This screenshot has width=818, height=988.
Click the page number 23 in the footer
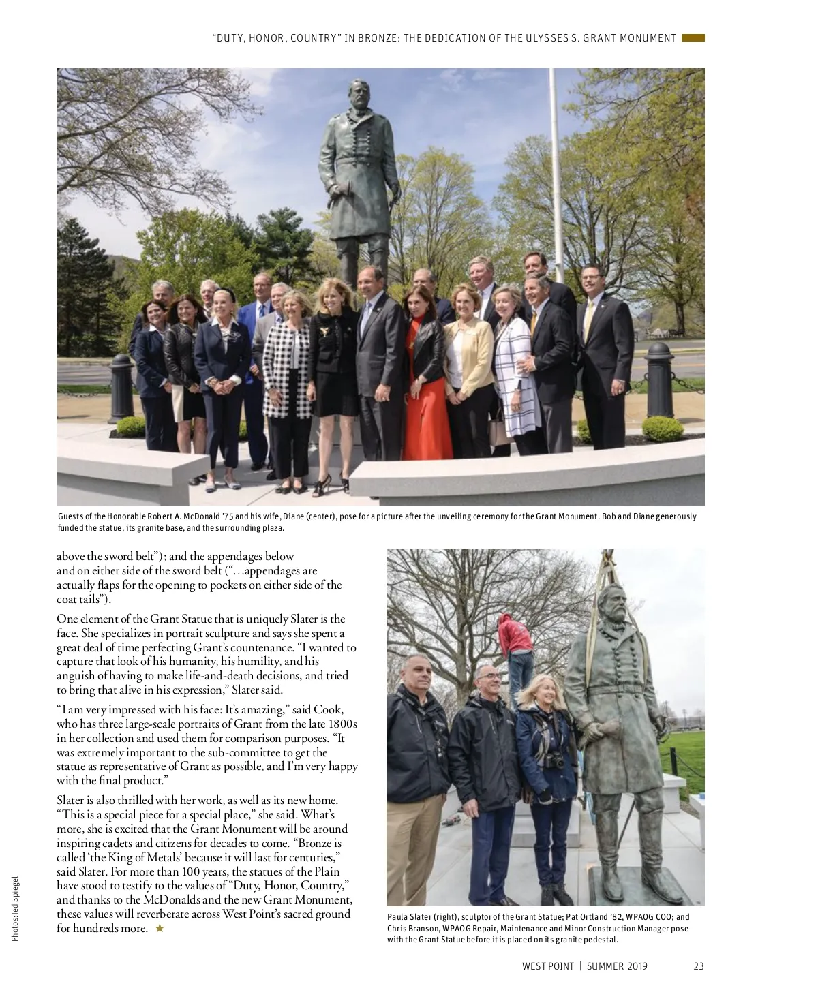(x=698, y=966)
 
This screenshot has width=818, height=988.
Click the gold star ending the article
(x=160, y=928)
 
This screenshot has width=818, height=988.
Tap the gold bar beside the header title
(x=693, y=38)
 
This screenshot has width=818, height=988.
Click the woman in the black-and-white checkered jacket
(x=287, y=368)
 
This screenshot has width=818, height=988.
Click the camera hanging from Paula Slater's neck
(x=557, y=761)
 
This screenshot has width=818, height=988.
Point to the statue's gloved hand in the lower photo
(x=591, y=732)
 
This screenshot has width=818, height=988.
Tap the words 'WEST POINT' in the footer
(x=548, y=966)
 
